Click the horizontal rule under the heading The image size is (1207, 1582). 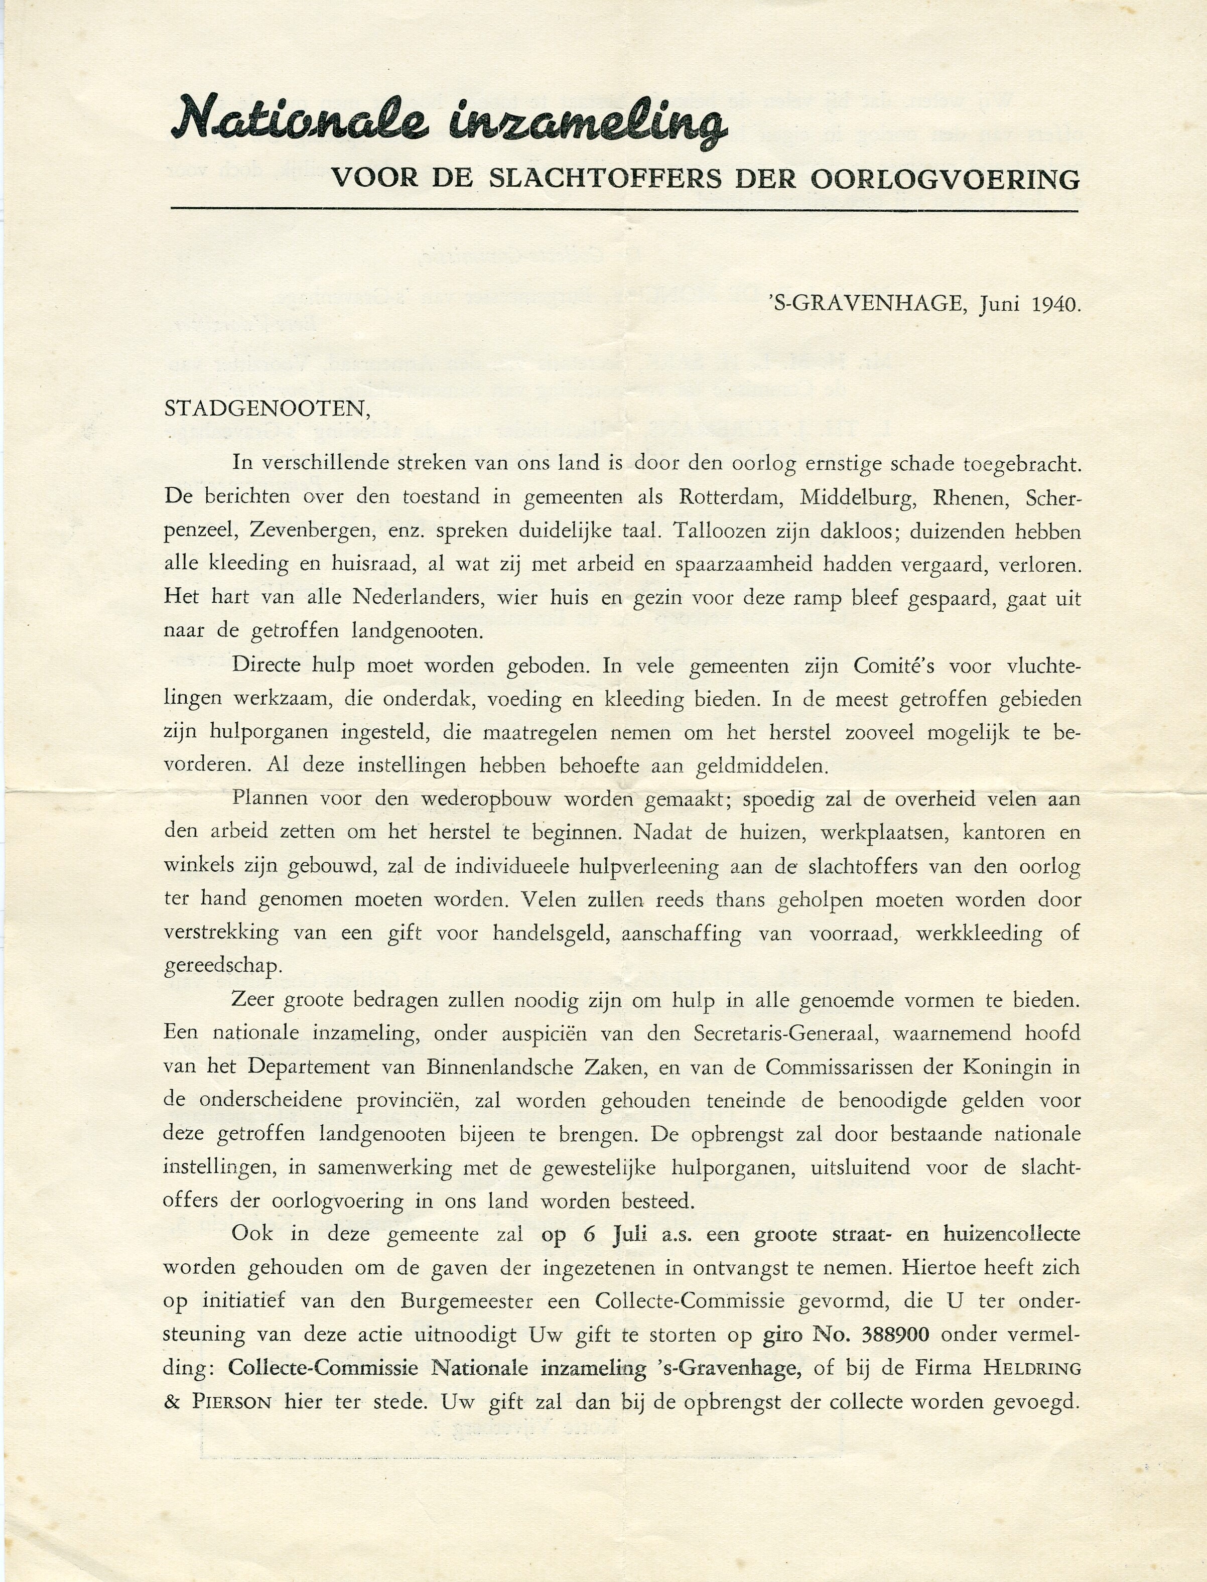tap(624, 209)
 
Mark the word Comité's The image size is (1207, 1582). tap(894, 666)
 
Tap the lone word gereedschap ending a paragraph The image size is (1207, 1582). tap(220, 966)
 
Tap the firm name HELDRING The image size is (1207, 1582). tap(1032, 1368)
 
